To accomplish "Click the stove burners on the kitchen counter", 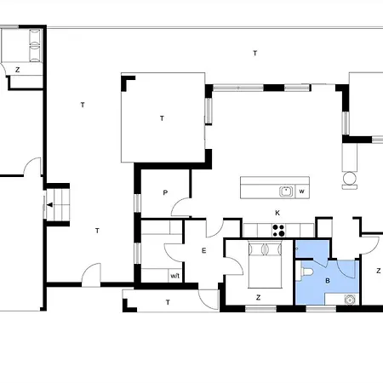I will [x=277, y=228].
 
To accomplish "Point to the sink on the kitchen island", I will [x=288, y=190].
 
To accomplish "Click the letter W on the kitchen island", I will [x=302, y=191].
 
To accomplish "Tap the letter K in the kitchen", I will [x=277, y=212].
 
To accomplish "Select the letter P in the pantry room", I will [x=165, y=193].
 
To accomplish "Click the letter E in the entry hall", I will [x=204, y=250].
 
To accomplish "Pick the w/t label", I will [x=174, y=275].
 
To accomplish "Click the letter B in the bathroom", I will [x=328, y=277].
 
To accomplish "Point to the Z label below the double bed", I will [x=257, y=297].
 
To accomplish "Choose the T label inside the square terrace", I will [x=162, y=119].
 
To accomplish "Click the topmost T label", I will [x=254, y=54].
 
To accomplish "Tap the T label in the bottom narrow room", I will [x=168, y=302].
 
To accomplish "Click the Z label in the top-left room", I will [x=17, y=70].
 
